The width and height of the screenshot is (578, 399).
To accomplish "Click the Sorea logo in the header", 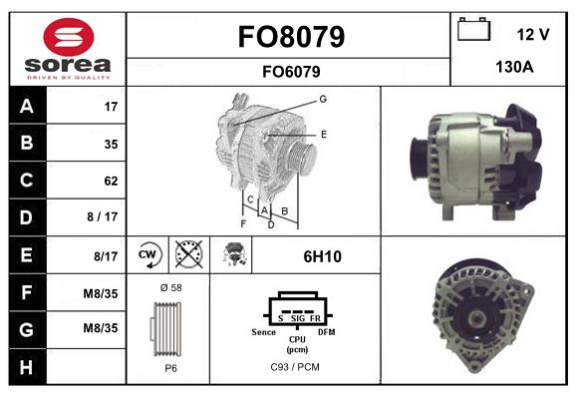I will point(68,50).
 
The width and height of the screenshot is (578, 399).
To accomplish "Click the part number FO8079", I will point(291,37).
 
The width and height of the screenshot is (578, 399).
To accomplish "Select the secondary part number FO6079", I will point(291,71).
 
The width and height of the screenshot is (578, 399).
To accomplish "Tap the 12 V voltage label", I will point(533,34).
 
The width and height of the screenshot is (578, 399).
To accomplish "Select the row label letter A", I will point(27,106).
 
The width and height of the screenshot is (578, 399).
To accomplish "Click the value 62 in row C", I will point(111,182).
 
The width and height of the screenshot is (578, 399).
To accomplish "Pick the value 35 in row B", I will point(111,144).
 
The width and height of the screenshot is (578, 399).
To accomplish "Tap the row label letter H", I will point(27,367).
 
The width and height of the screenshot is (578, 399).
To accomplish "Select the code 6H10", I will point(322,256).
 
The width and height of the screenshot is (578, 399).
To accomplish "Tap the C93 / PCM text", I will point(296,367).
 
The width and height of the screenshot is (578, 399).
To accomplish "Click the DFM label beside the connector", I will point(326,330).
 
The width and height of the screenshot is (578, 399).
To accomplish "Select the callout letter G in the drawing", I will point(323,99).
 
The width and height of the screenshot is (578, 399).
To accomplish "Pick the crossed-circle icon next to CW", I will point(186,255).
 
